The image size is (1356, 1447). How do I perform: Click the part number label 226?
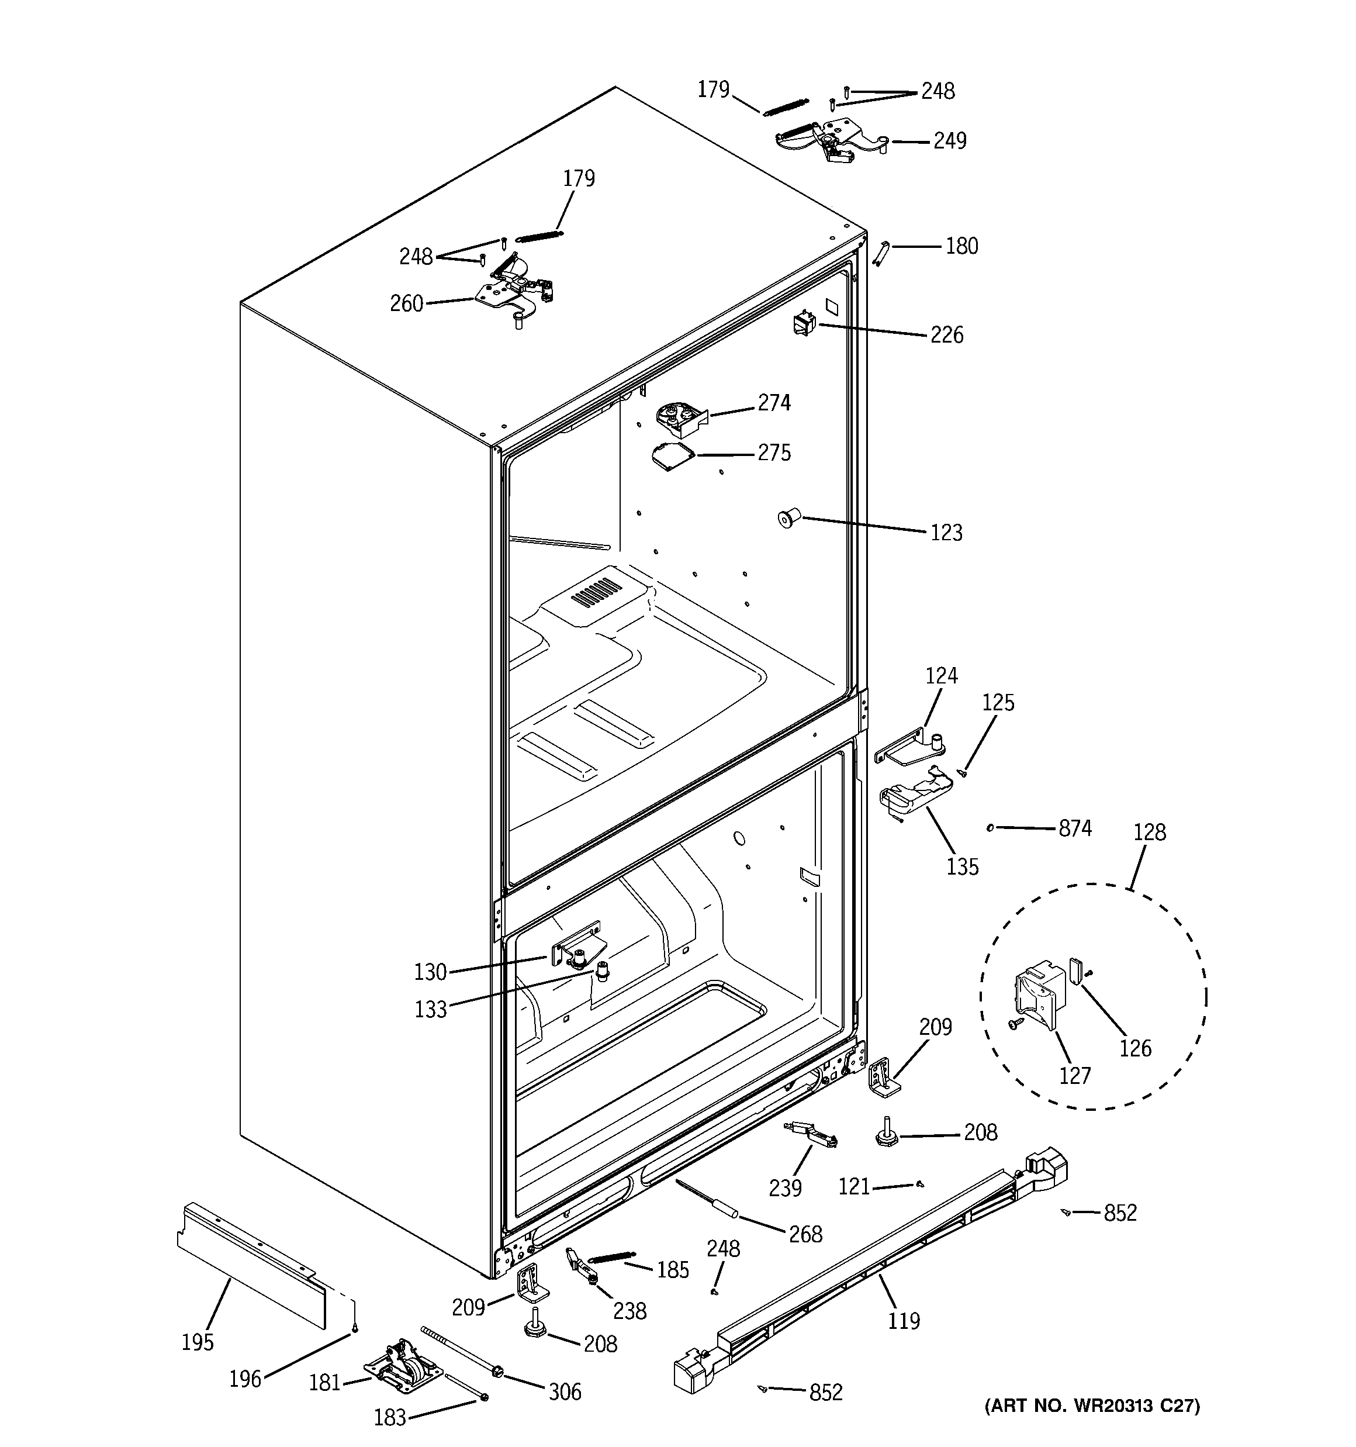946,335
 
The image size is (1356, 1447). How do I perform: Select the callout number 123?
946,533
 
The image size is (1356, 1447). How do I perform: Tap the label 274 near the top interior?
774,402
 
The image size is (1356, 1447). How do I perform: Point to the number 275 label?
774,453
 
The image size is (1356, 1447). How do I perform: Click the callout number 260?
406,303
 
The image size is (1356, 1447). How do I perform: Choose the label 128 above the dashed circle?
1149,832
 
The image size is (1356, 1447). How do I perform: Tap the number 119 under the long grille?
903,1320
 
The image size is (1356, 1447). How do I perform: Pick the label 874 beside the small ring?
1074,828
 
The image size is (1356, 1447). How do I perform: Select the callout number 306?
565,1391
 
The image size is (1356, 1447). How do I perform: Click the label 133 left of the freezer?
430,1010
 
